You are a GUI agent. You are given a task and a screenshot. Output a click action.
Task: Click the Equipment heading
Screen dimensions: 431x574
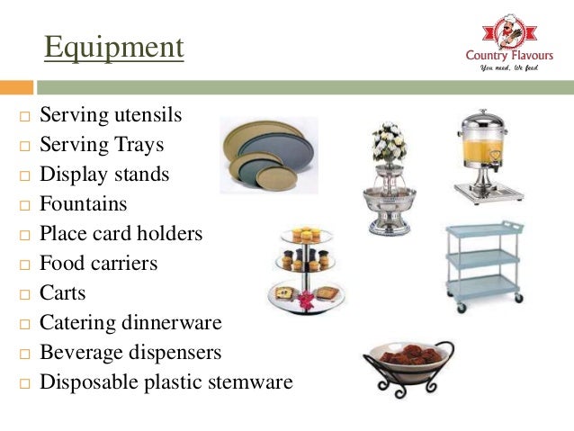pos(113,48)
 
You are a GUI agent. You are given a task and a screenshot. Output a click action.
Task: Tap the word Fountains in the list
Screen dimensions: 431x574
pos(83,203)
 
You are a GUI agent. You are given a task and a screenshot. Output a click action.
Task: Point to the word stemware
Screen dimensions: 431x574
pos(251,382)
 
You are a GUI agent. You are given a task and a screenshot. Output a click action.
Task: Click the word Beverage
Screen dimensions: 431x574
pos(82,352)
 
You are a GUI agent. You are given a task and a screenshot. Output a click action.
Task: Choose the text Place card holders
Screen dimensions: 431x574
pos(121,233)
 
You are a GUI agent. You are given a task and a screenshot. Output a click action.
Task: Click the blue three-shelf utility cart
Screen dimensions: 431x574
pos(483,265)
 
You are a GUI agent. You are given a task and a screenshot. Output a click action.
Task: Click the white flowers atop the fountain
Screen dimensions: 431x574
pos(389,144)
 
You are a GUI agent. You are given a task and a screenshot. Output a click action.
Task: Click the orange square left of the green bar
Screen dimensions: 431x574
pos(15,88)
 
